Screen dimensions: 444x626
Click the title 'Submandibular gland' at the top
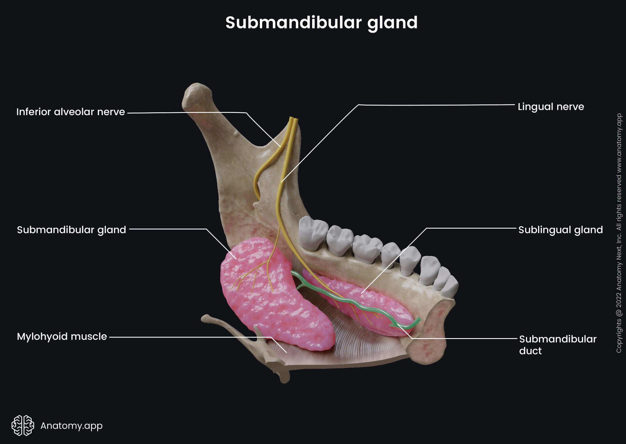(x=321, y=22)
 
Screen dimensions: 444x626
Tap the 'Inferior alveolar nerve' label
(x=71, y=112)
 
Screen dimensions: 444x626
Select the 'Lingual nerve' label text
(x=551, y=107)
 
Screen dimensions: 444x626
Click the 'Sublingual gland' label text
(x=560, y=230)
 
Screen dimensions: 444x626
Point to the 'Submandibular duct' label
(x=557, y=345)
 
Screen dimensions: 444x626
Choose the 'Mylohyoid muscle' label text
(x=62, y=336)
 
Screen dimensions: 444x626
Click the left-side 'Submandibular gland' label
(x=71, y=230)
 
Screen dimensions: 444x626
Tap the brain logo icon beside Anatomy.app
(x=23, y=425)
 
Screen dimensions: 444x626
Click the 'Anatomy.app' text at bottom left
(x=71, y=426)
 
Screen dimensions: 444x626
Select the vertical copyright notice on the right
(x=619, y=233)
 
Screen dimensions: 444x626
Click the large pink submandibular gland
(x=275, y=303)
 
